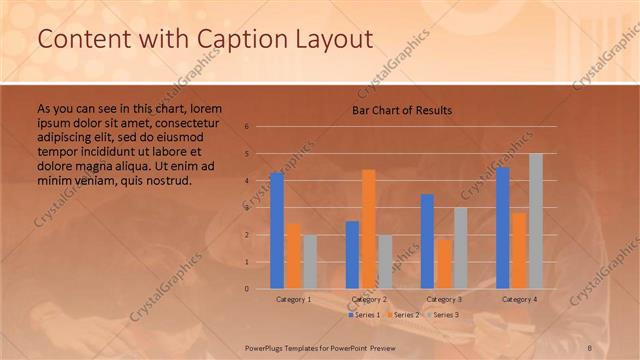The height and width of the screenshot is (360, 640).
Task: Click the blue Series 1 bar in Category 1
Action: pos(277,231)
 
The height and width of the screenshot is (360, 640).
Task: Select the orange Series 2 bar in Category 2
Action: pos(368,229)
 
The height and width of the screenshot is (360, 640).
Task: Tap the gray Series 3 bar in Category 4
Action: pos(536,221)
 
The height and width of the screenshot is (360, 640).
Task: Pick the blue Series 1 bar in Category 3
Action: pos(427,241)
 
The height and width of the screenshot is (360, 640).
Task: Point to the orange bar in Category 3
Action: pos(443,263)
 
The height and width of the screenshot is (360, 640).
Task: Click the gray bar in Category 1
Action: pos(310,262)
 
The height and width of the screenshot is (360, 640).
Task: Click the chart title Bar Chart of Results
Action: pos(402,110)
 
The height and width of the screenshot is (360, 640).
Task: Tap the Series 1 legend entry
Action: pos(364,315)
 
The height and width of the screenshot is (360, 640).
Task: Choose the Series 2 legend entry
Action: pos(402,315)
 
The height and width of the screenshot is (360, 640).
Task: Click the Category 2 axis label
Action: pos(369,299)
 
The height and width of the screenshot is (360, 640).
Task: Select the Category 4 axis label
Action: pos(519,299)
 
